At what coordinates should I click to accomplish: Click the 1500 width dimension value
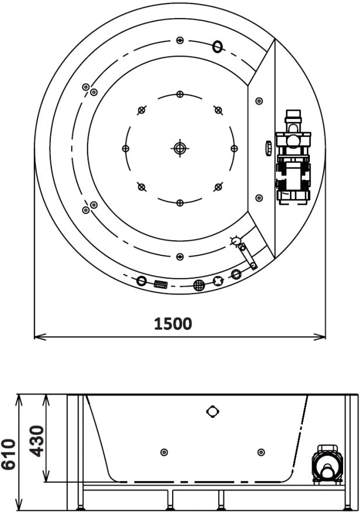[173, 324]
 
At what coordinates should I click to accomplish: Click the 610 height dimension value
[9, 455]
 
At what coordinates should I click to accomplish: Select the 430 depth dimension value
[37, 441]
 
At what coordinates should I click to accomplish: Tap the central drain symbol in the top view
[180, 148]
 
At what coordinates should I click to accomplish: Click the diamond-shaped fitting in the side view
[213, 412]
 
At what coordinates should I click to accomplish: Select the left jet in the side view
[164, 452]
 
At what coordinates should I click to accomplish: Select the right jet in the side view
[261, 452]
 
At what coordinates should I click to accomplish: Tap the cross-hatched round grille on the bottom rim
[199, 285]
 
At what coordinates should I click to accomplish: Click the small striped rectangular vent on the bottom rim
[160, 284]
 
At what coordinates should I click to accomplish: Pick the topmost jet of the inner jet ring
[180, 94]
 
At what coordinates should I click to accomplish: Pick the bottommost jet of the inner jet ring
[180, 202]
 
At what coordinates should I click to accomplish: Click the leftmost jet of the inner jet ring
[125, 148]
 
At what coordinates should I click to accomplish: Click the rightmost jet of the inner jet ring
[234, 148]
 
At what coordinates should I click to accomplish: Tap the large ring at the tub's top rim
[218, 47]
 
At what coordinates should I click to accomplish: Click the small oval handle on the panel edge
[268, 148]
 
